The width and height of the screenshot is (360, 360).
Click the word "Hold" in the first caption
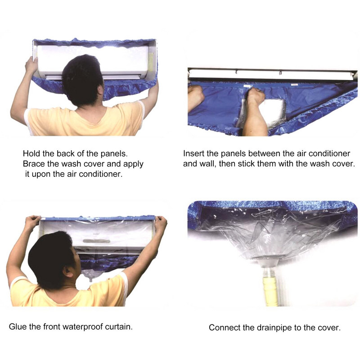click(31, 153)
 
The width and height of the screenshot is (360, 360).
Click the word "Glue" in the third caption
click(18, 327)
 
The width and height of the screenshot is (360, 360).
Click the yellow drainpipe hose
click(270, 290)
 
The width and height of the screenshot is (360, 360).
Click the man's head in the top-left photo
click(82, 80)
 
